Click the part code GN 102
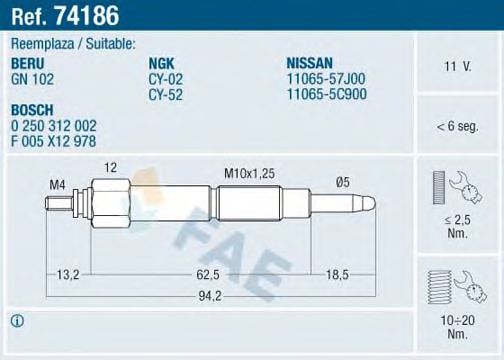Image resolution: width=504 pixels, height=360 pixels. coord(32,75)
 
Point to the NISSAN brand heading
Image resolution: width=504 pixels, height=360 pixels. coord(310,62)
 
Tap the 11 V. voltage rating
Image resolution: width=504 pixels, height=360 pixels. coord(460,66)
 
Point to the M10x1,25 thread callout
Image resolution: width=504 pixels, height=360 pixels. coord(250,173)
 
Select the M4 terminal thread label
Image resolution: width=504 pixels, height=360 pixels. coord(58,186)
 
